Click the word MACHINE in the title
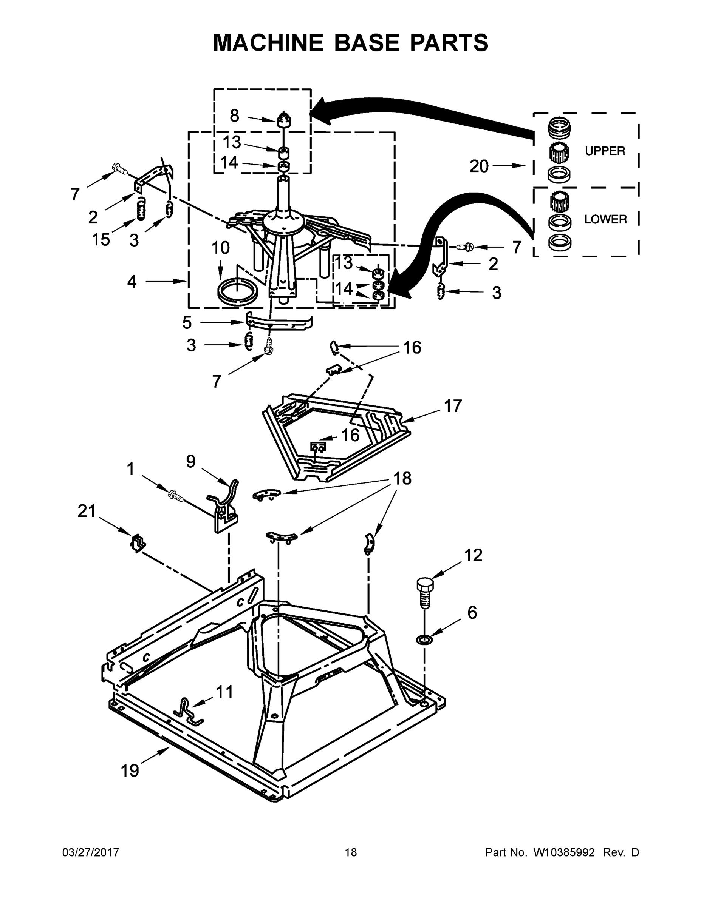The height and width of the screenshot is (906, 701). [x=268, y=43]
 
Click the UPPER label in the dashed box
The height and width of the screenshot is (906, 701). [x=605, y=151]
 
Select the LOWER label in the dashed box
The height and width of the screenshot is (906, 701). [x=605, y=219]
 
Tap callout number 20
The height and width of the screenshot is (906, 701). [x=479, y=166]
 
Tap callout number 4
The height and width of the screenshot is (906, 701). [x=132, y=282]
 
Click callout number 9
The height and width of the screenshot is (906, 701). [x=190, y=461]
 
